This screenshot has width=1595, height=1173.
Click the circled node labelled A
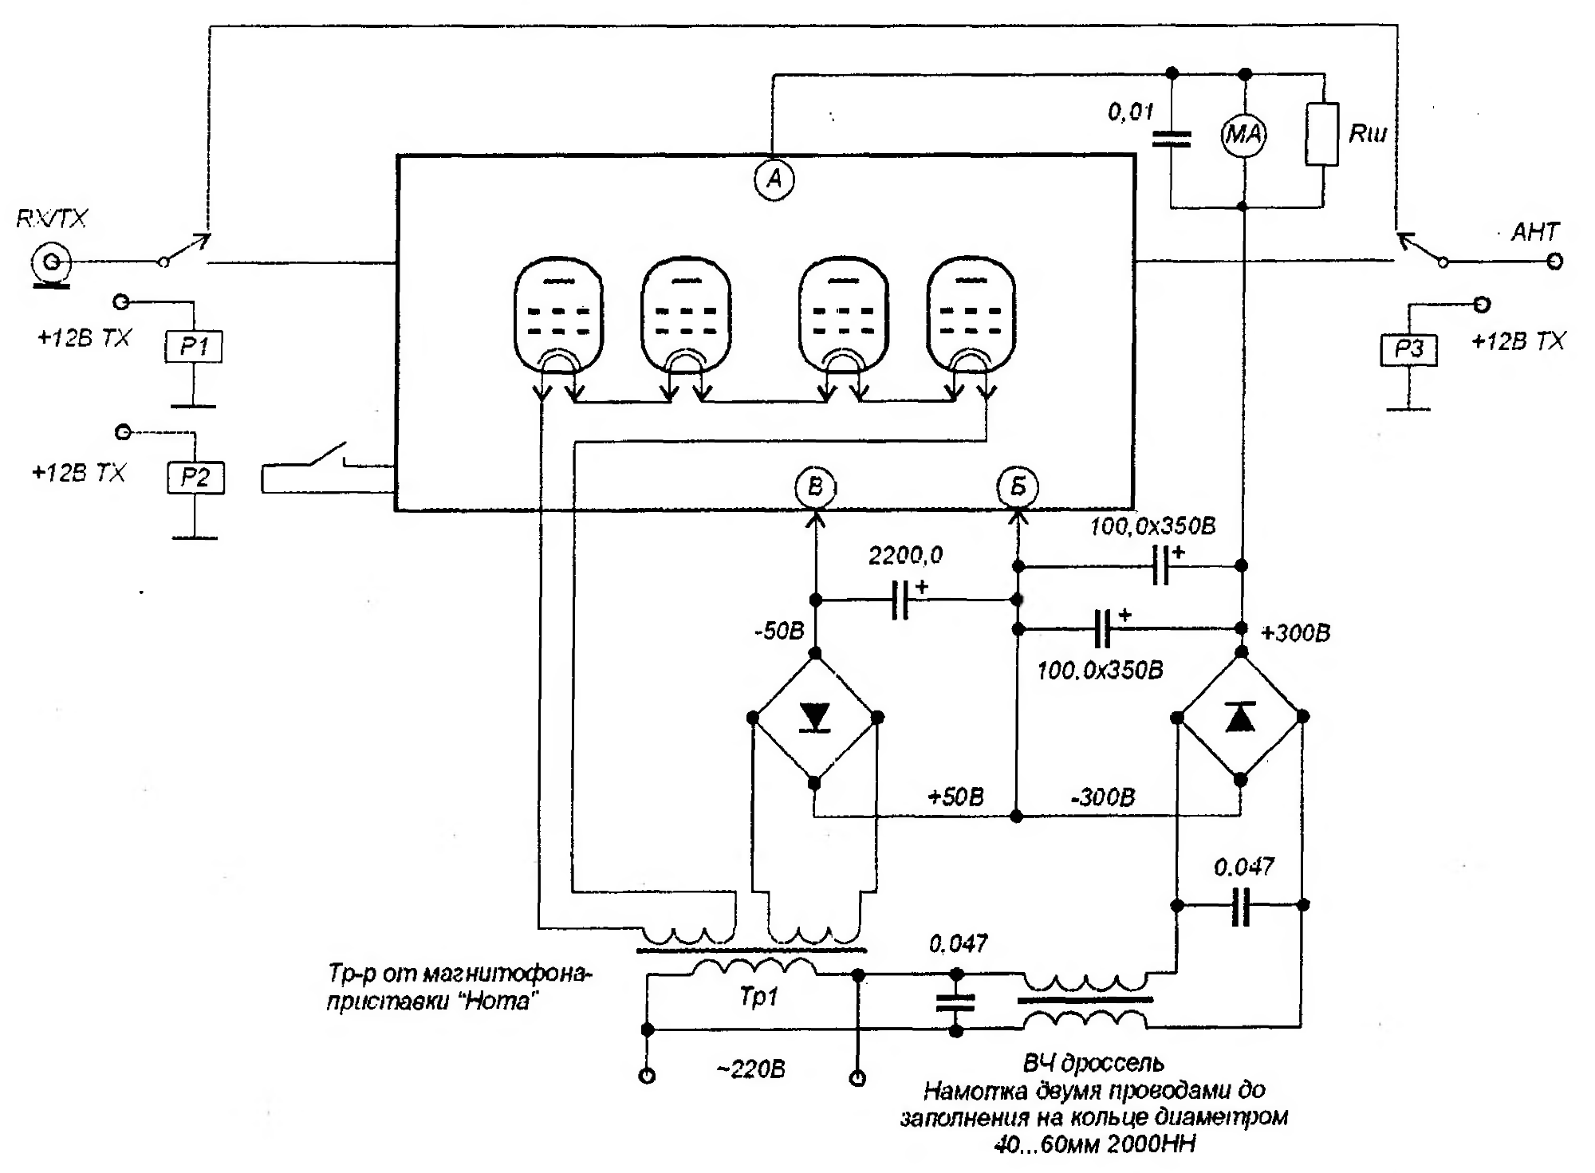tap(774, 179)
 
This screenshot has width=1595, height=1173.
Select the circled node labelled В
tap(815, 486)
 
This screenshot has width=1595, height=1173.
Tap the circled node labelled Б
tap(1018, 486)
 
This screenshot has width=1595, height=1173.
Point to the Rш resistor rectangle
tap(1321, 133)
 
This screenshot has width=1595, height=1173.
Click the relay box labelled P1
tap(194, 347)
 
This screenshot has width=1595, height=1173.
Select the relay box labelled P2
tap(195, 478)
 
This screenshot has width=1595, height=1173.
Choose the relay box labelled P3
tap(1409, 349)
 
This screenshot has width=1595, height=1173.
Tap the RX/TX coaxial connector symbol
tap(51, 262)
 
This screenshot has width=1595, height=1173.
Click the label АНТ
tap(1535, 232)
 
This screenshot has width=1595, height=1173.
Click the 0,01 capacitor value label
tap(1131, 112)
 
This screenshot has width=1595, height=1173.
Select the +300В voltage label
tap(1295, 633)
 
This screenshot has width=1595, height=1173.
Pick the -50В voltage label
tap(779, 632)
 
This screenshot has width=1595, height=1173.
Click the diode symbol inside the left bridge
tap(815, 717)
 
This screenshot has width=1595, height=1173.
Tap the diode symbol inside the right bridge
tap(1240, 717)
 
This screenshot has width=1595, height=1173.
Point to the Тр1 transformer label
tap(758, 997)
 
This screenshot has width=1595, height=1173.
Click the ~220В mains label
tap(751, 1069)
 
